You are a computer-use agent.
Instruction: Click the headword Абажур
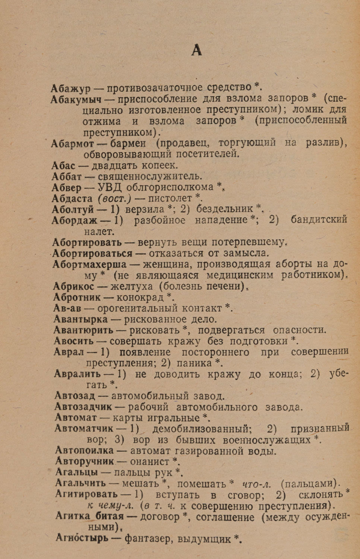pyautogui.click(x=71, y=89)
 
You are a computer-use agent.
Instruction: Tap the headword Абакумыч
pyautogui.click(x=76, y=100)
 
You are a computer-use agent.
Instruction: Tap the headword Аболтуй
pyautogui.click(x=73, y=209)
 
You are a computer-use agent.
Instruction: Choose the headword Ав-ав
pyautogui.click(x=67, y=308)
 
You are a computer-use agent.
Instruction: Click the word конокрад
pyautogui.click(x=140, y=297)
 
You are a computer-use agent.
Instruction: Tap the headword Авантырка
pyautogui.click(x=80, y=319)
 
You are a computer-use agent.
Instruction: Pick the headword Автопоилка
pyautogui.click(x=84, y=451)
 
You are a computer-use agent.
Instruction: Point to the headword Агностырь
pyautogui.click(x=82, y=538)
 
